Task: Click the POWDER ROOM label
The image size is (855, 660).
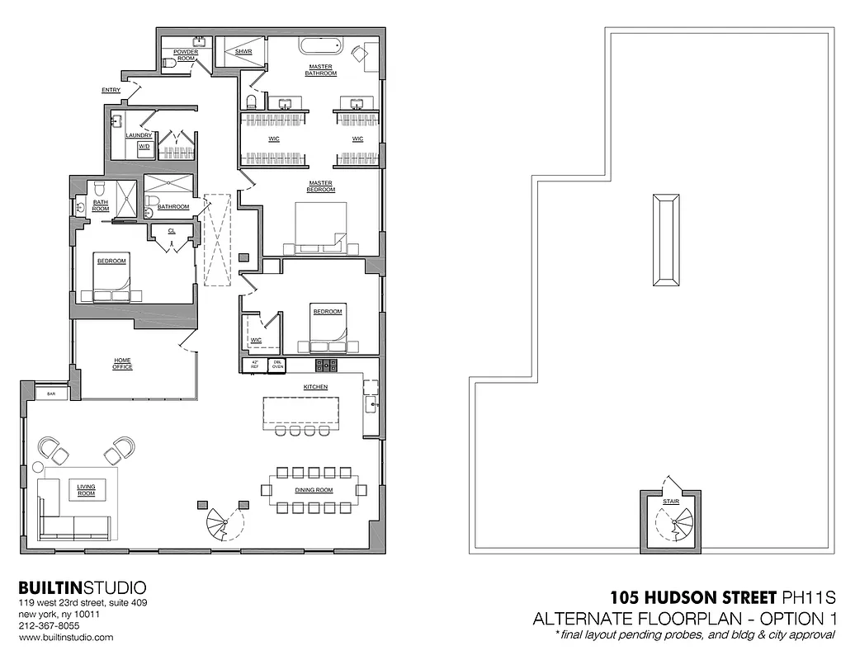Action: coord(185,55)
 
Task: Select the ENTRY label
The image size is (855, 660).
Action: coord(111,90)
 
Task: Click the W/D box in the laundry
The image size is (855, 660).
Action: coord(144,147)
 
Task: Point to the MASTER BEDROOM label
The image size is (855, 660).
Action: coord(321,186)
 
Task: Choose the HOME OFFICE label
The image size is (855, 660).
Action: coord(123,364)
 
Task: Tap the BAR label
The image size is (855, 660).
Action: coord(51,394)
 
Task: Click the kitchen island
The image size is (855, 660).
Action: coord(301,412)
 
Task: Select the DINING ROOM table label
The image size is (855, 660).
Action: coord(314,490)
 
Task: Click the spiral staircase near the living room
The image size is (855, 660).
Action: coord(220,523)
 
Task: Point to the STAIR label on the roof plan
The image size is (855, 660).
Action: coord(670,501)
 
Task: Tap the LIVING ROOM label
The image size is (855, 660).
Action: coord(86,491)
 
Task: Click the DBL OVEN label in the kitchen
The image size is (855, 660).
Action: coord(278,365)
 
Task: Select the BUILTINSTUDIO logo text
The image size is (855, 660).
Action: coord(83,588)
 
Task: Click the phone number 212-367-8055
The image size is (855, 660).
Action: coord(50,626)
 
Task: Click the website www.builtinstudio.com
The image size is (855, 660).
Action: coord(66,638)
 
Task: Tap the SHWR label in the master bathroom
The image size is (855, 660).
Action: coord(243,51)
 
